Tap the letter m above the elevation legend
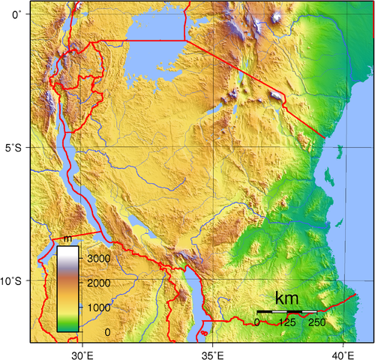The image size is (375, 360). point(67,239)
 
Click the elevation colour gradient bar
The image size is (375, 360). point(68,289)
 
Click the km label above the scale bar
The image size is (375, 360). point(286,298)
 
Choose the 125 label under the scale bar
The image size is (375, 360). point(286,322)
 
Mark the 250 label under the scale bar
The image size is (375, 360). point(316,322)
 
